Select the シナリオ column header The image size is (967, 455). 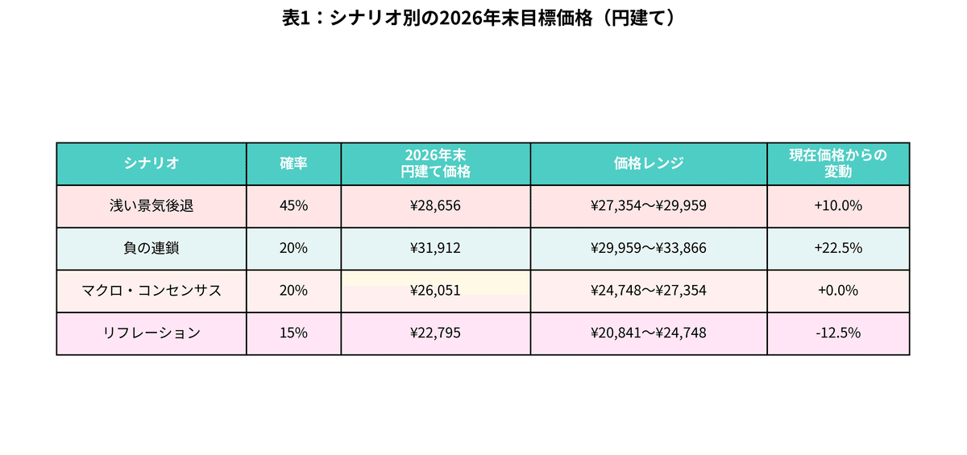click(151, 163)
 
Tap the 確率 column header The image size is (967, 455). click(293, 163)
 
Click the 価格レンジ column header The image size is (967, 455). click(649, 163)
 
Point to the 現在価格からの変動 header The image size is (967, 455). click(838, 163)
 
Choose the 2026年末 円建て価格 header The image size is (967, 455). click(435, 163)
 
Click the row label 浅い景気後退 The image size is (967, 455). click(151, 205)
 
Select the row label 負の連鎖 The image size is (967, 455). click(151, 248)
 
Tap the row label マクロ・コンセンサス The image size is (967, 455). click(151, 291)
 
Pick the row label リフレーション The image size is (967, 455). click(151, 333)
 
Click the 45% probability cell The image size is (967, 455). click(293, 205)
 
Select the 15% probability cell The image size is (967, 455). click(293, 333)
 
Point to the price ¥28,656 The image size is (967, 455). click(435, 205)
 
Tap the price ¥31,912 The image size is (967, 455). click(435, 248)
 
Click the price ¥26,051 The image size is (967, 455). click(435, 291)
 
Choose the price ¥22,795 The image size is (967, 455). click(435, 333)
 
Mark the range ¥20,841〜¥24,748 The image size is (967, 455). click(649, 333)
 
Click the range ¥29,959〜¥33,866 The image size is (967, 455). click(649, 248)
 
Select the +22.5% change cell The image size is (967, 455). click(838, 248)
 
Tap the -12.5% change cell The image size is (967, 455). click(838, 333)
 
